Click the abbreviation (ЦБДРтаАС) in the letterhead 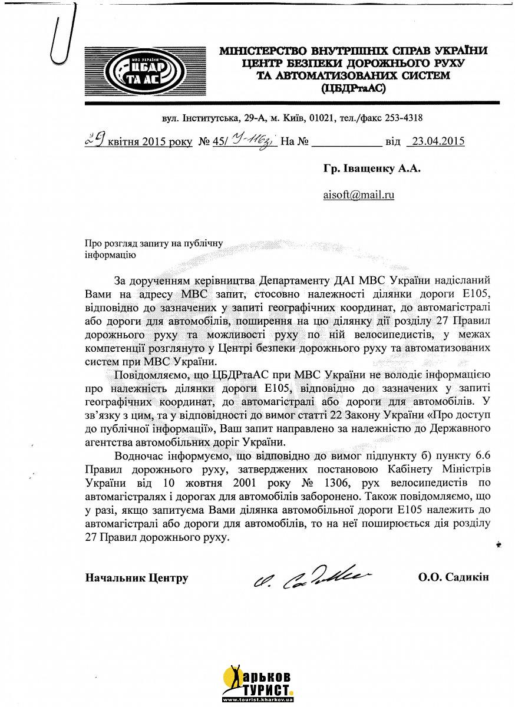353,88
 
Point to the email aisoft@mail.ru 358,194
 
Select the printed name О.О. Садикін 454,577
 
